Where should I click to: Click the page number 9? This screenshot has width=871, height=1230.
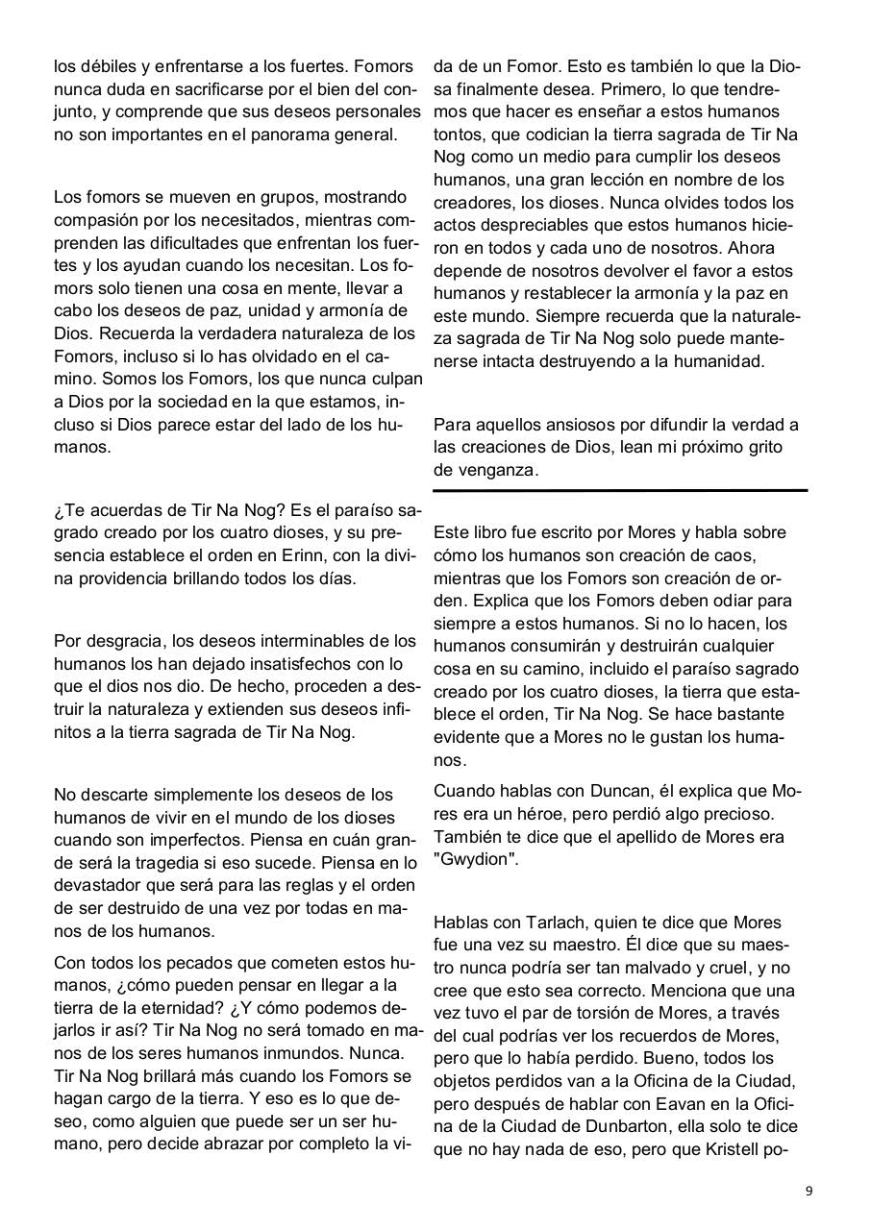[x=809, y=1191]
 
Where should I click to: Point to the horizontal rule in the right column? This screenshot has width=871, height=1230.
[x=620, y=491]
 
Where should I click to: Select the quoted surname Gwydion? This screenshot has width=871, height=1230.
[x=476, y=860]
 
